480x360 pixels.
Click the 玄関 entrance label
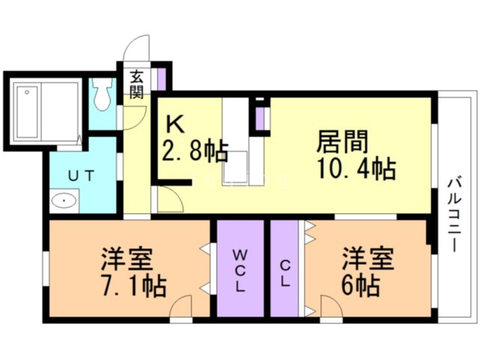tap(136, 84)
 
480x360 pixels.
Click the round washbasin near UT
tap(65, 201)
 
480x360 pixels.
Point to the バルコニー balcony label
tap(454, 214)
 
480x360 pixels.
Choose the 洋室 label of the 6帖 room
tap(368, 259)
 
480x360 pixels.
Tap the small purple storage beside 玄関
tap(161, 79)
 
